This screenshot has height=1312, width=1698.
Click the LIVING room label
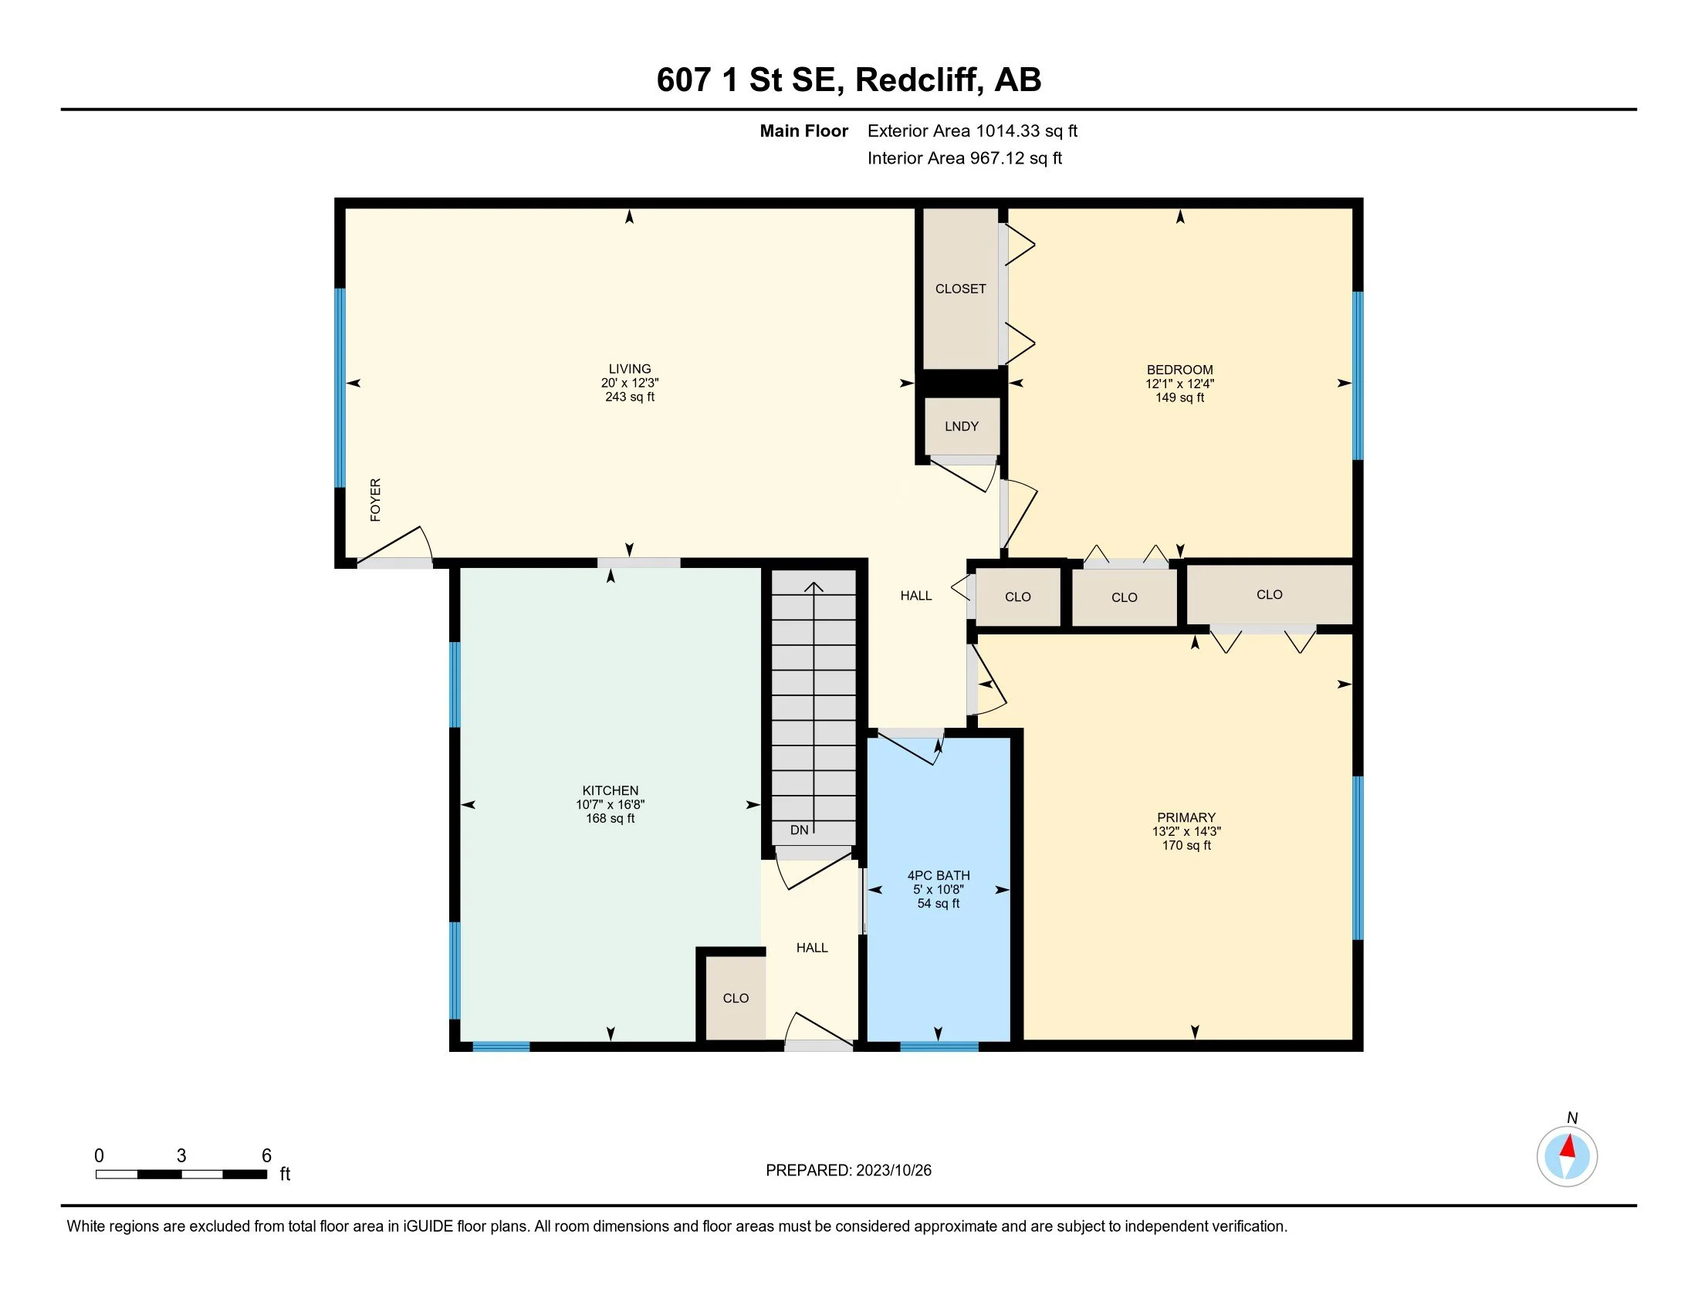click(630, 369)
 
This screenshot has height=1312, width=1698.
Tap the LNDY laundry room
click(962, 426)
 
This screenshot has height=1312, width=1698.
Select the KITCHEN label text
click(611, 790)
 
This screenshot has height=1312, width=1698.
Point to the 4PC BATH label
click(939, 875)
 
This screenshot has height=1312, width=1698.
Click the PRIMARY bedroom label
click(1186, 817)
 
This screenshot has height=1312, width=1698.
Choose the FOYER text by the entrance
click(376, 500)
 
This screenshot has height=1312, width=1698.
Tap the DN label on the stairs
click(800, 830)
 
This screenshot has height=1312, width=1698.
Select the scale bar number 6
click(266, 1156)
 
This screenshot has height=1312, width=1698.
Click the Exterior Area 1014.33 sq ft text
click(972, 131)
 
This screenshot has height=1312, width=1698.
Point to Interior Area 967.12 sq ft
click(965, 158)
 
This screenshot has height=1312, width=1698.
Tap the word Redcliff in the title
click(920, 80)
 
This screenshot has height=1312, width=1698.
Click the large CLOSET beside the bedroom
click(961, 289)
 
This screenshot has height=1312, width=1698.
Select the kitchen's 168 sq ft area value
click(611, 818)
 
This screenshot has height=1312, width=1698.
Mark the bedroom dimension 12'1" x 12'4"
click(1179, 384)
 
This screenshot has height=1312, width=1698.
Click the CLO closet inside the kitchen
click(736, 998)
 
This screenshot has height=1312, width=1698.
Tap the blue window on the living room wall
click(340, 388)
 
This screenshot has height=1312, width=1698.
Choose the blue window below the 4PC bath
click(939, 1047)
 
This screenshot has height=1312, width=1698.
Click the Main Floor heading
click(804, 131)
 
